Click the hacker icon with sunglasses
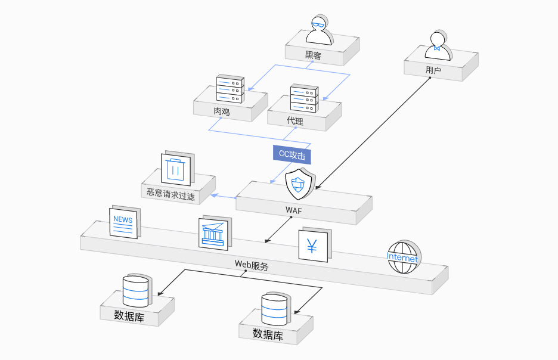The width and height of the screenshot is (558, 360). point(318,30)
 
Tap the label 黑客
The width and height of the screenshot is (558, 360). point(313,55)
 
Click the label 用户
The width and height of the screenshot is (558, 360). point(433,70)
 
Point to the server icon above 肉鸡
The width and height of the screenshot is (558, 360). point(230,89)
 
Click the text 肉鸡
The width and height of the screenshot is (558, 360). point(222,111)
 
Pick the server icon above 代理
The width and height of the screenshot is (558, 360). point(305,98)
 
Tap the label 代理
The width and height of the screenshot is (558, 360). point(295,121)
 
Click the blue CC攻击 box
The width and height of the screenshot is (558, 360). point(292,154)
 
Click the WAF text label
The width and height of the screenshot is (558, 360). point(294,210)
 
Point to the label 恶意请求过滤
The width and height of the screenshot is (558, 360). point(170,194)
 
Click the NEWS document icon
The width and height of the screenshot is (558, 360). point(123,222)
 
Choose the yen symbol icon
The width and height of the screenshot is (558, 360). point(313,245)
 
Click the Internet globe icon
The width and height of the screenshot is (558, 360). point(404,257)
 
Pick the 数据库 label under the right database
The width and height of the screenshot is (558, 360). point(268,334)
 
